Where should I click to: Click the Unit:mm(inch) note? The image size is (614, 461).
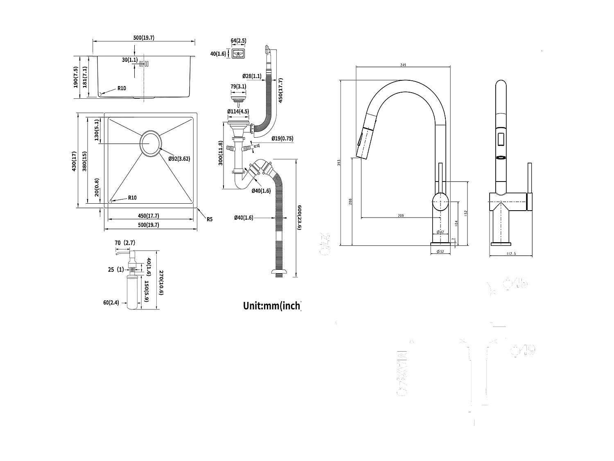click(272, 306)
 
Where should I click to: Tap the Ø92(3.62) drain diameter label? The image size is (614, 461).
click(179, 159)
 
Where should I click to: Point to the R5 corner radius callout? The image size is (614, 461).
click(209, 219)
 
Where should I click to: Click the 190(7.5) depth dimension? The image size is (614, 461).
click(75, 77)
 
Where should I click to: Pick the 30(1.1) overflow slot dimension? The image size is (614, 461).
click(130, 60)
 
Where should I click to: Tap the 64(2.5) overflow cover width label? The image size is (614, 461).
click(238, 41)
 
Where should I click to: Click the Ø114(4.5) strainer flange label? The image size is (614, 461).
click(238, 111)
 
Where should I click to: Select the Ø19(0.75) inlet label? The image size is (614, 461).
click(282, 139)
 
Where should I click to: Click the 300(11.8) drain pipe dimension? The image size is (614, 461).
click(221, 153)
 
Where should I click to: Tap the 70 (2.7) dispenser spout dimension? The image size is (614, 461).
click(124, 243)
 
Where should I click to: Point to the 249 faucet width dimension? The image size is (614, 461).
click(404, 64)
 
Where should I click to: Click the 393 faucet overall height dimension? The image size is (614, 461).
click(339, 163)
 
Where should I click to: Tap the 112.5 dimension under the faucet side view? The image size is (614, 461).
click(511, 254)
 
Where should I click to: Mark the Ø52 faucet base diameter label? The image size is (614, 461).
click(440, 251)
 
